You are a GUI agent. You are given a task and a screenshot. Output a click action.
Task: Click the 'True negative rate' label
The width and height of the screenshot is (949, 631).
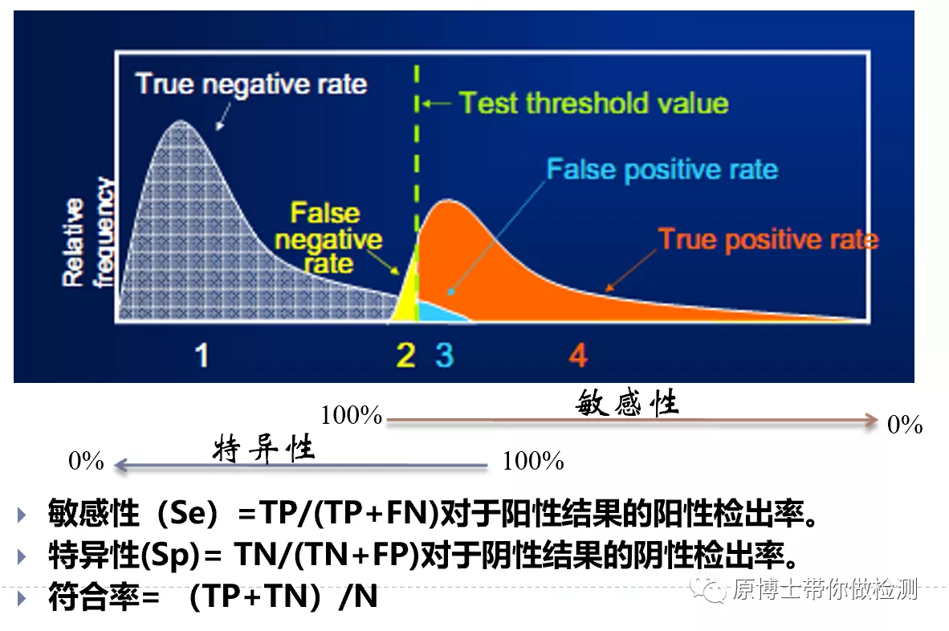(250, 84)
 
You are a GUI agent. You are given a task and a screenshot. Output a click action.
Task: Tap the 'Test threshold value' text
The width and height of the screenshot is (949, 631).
(593, 104)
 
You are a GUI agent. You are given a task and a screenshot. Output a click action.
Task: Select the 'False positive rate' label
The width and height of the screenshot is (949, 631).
(662, 170)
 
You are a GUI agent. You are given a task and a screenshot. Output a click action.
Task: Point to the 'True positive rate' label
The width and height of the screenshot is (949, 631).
(768, 239)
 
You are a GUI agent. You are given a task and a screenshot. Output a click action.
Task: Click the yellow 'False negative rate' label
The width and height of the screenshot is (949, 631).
(335, 238)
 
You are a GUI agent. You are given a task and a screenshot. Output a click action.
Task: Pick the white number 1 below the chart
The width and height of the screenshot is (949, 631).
(202, 354)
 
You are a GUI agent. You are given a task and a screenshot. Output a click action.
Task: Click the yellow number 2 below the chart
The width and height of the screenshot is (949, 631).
(406, 354)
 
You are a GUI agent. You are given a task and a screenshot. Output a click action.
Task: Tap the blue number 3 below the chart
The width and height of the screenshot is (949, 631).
(444, 354)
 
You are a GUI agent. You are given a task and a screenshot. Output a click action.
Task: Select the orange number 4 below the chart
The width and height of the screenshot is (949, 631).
(578, 354)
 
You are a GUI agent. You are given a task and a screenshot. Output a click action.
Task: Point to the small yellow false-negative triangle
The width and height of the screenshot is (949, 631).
(407, 289)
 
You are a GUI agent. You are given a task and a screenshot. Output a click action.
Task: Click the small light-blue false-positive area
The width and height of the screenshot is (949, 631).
(438, 311)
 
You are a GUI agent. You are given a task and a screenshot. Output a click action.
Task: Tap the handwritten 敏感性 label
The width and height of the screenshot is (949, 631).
(627, 403)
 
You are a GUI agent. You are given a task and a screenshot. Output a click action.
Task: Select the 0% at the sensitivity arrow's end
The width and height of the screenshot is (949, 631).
(905, 425)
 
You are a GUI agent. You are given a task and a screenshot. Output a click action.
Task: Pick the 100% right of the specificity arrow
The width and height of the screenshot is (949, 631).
(533, 461)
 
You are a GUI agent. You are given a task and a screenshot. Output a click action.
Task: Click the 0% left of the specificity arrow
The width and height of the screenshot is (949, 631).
(87, 461)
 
